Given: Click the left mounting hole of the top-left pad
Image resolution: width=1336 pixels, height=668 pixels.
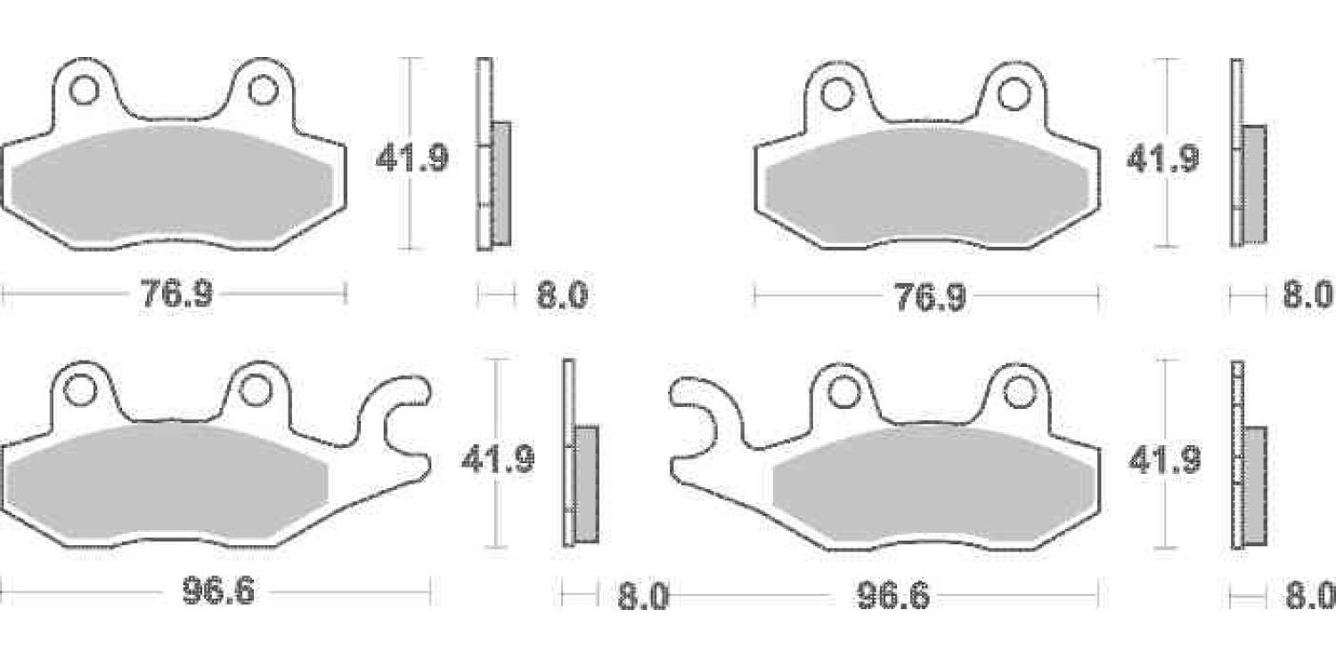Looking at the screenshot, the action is click(x=84, y=91).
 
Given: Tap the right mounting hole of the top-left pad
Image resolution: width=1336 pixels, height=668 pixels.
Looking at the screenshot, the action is click(x=263, y=91).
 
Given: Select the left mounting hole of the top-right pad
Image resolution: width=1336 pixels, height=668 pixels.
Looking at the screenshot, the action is click(x=836, y=94).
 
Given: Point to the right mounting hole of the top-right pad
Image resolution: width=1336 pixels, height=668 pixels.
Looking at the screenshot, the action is click(x=1014, y=94).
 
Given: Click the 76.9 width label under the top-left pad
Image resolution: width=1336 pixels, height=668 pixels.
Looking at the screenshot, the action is click(x=176, y=293).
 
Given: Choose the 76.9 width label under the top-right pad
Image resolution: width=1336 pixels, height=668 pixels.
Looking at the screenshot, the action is click(x=931, y=297).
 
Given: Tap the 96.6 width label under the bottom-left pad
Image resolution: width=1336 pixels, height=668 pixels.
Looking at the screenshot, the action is click(x=218, y=591).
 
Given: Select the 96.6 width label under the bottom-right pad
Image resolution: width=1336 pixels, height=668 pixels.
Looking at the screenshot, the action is click(x=893, y=595).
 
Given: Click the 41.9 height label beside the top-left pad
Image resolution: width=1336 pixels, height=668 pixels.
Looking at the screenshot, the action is click(x=412, y=159).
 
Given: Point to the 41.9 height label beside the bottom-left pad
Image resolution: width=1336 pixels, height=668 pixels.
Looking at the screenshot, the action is click(x=498, y=460).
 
